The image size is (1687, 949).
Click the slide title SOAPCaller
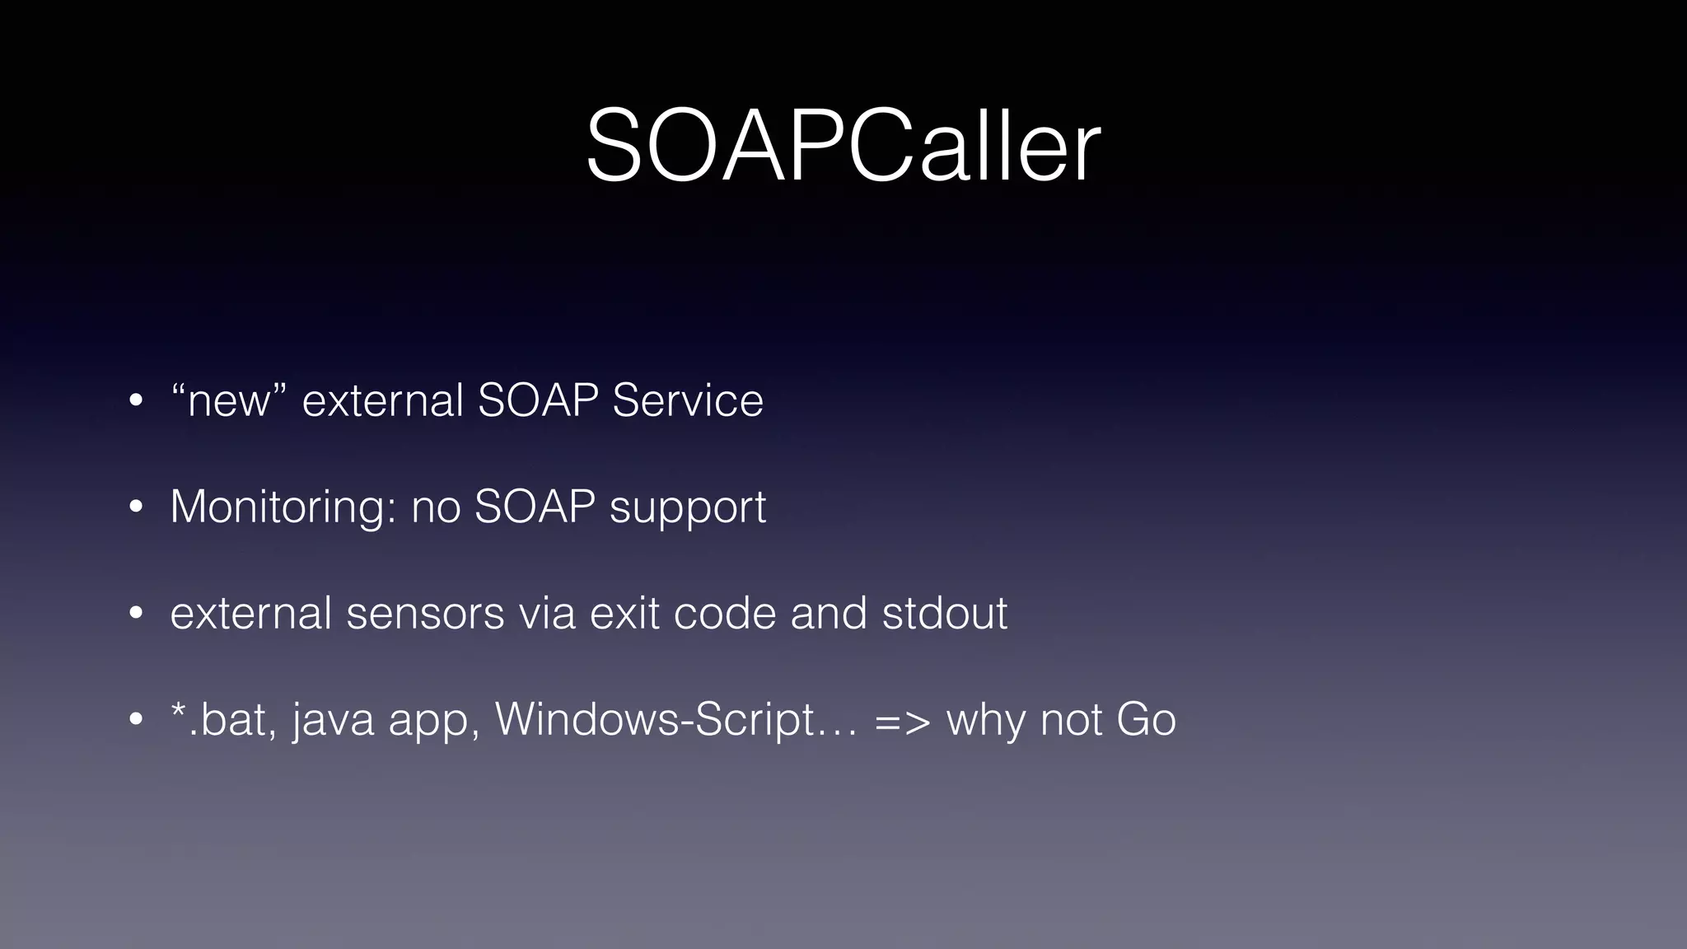pos(843,146)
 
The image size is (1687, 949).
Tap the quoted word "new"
pos(229,401)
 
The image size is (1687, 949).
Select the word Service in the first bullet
pos(687,401)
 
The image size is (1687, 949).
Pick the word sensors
pos(425,614)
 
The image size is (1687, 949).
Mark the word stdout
pos(945,614)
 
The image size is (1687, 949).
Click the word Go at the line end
pos(1146,719)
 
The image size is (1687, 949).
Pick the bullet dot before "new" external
pos(137,402)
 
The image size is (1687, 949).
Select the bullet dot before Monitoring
pos(137,507)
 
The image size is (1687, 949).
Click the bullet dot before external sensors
pos(137,614)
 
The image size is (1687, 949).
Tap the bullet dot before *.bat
pos(137,719)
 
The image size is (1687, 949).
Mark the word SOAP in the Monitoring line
pos(535,507)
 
